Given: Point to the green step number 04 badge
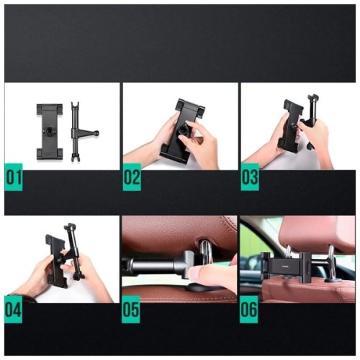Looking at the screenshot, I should [14, 309].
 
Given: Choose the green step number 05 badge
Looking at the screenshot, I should [132, 309].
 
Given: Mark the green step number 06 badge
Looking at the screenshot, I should [249, 309].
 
